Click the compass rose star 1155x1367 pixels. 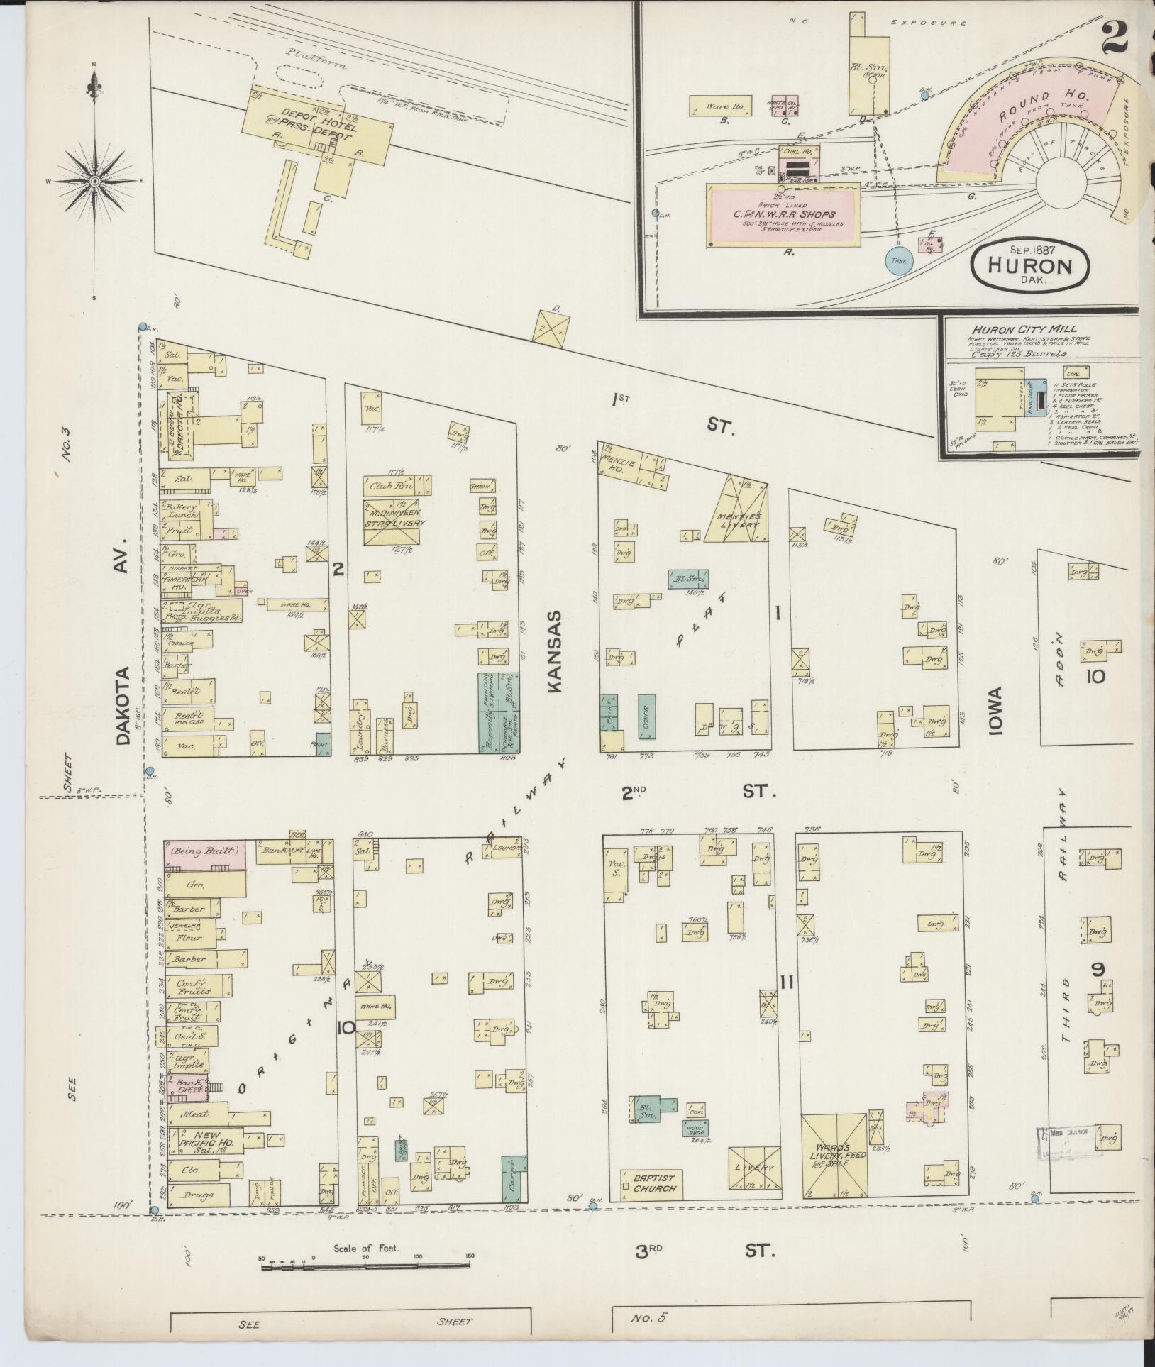(x=94, y=182)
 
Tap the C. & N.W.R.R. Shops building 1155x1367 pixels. (x=783, y=215)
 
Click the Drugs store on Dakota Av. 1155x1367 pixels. (x=198, y=1195)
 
